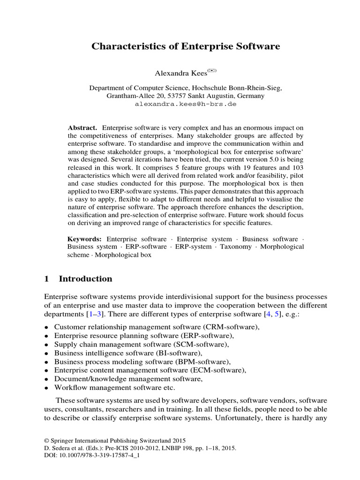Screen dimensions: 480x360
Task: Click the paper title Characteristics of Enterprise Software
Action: [x=185, y=46]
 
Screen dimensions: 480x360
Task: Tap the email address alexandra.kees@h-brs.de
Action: [x=186, y=104]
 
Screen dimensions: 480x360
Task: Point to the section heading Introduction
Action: [x=85, y=279]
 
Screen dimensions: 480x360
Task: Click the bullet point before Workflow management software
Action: [x=46, y=388]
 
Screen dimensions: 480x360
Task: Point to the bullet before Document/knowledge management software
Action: [x=46, y=379]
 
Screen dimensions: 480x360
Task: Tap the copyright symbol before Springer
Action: [x=46, y=441]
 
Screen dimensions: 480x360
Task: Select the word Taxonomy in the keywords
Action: [x=236, y=247]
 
